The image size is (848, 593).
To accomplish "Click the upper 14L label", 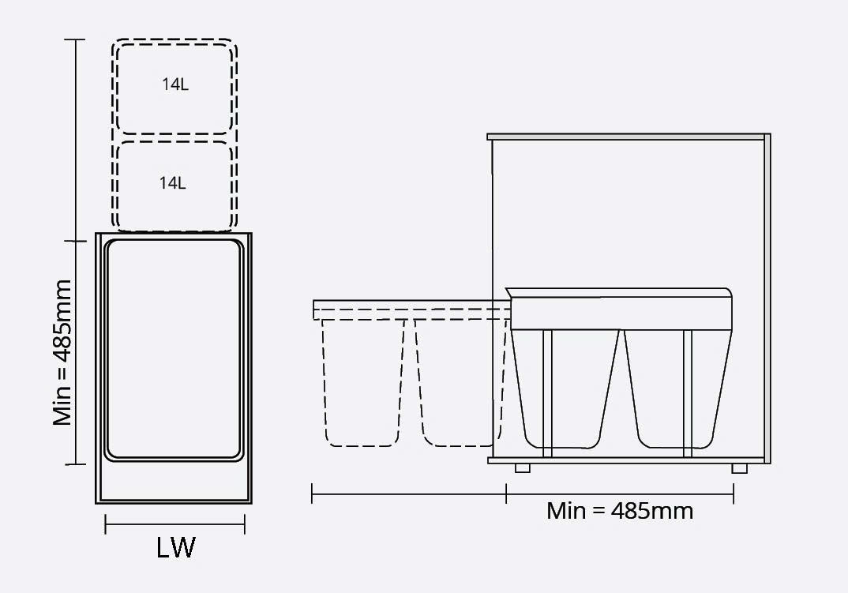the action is (175, 84).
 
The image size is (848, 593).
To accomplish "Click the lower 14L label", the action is (172, 183).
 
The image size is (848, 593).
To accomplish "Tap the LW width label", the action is (175, 547).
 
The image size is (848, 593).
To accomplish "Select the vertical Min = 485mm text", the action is (62, 353).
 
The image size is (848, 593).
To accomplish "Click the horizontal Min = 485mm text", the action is (620, 511).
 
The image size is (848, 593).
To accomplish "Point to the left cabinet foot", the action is (523, 468).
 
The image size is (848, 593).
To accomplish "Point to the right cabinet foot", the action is (739, 468).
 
